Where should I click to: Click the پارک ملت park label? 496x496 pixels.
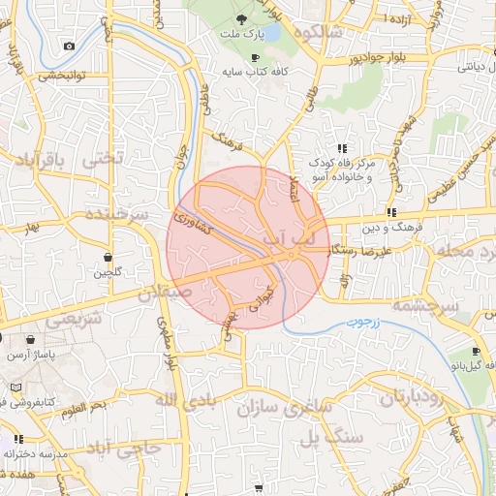point(247,36)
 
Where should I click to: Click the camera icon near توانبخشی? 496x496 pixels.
point(68,46)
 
